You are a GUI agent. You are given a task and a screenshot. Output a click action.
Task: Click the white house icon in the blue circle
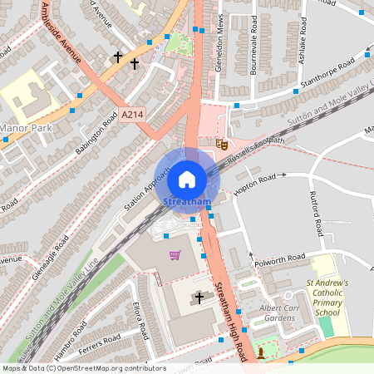[x=187, y=179]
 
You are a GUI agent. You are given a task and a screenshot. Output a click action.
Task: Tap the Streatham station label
[x=187, y=202]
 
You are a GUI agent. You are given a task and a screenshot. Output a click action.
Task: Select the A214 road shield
[x=131, y=114]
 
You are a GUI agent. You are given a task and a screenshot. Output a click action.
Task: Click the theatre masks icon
[x=222, y=144]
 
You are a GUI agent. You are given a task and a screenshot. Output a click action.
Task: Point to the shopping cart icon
[x=175, y=254]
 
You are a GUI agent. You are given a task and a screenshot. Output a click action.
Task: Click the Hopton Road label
[x=254, y=179]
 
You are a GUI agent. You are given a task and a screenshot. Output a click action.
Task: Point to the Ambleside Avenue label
[x=64, y=35]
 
